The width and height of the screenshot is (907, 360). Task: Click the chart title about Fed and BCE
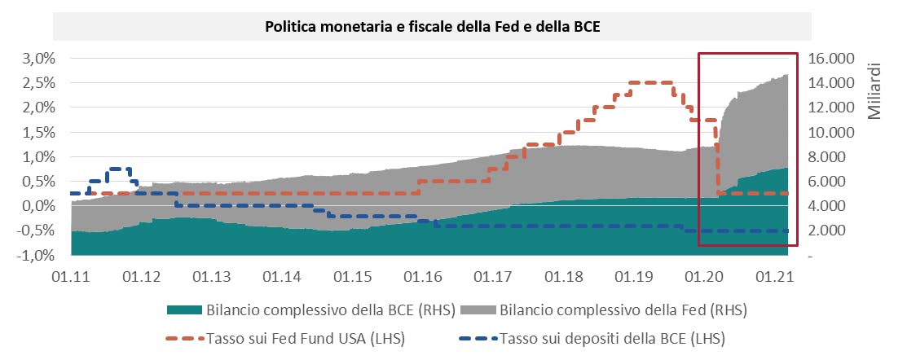click(x=432, y=26)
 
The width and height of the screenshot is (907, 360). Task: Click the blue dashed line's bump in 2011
click(x=119, y=169)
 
